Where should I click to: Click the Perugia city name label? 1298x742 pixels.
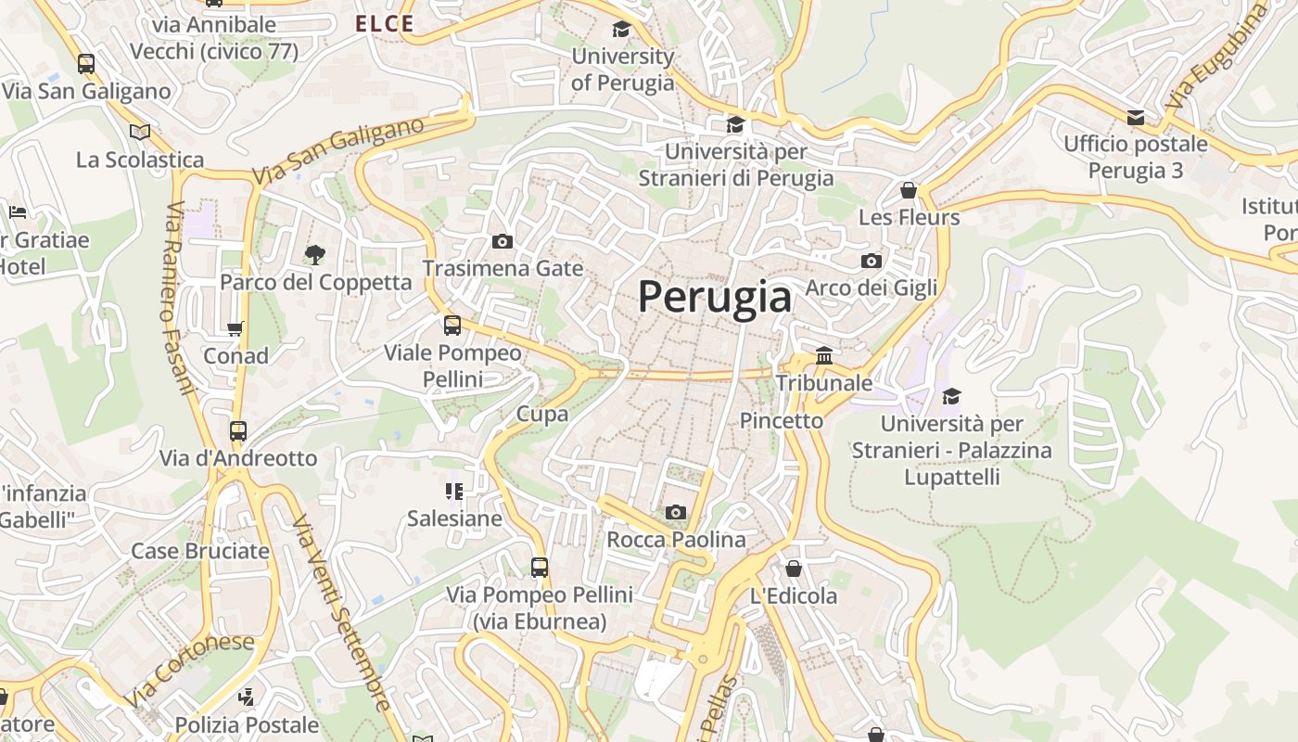point(715,298)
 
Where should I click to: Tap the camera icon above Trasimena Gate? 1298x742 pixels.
point(503,242)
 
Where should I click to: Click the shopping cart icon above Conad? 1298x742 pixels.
point(235,328)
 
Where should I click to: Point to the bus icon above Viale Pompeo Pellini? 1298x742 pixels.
point(452,326)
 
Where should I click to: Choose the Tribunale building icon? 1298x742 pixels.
point(824,355)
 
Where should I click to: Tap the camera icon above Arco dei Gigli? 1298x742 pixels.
point(872,261)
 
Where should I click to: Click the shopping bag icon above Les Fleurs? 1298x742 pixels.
point(909,190)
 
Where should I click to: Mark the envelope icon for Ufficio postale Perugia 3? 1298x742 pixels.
point(1136,118)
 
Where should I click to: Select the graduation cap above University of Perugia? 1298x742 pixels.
point(621,30)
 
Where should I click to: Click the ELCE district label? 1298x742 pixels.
point(385,24)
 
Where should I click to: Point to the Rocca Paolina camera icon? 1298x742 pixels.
point(676,512)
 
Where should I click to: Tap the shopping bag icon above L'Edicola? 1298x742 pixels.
point(794,569)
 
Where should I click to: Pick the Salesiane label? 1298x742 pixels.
point(454,518)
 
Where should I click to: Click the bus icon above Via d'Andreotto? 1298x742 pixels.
point(238,431)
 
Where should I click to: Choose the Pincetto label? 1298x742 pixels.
point(782,421)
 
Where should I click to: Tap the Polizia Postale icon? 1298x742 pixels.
point(246,697)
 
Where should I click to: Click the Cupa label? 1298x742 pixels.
point(542,415)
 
